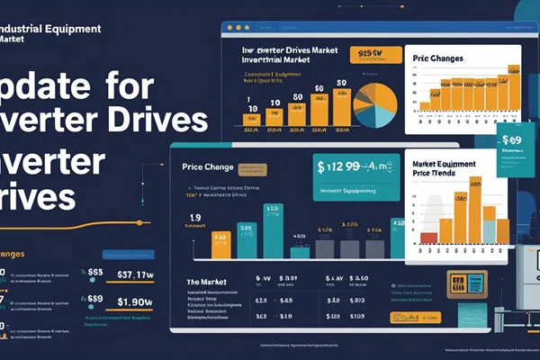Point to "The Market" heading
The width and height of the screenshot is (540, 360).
pyautogui.click(x=211, y=281)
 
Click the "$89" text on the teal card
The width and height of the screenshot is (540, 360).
pyautogui.click(x=511, y=140)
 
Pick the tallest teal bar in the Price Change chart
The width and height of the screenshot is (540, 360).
pyautogui.click(x=271, y=230)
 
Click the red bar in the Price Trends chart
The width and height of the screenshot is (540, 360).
pyautogui.click(x=429, y=238)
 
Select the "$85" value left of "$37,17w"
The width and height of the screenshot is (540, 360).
pyautogui.click(x=95, y=273)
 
